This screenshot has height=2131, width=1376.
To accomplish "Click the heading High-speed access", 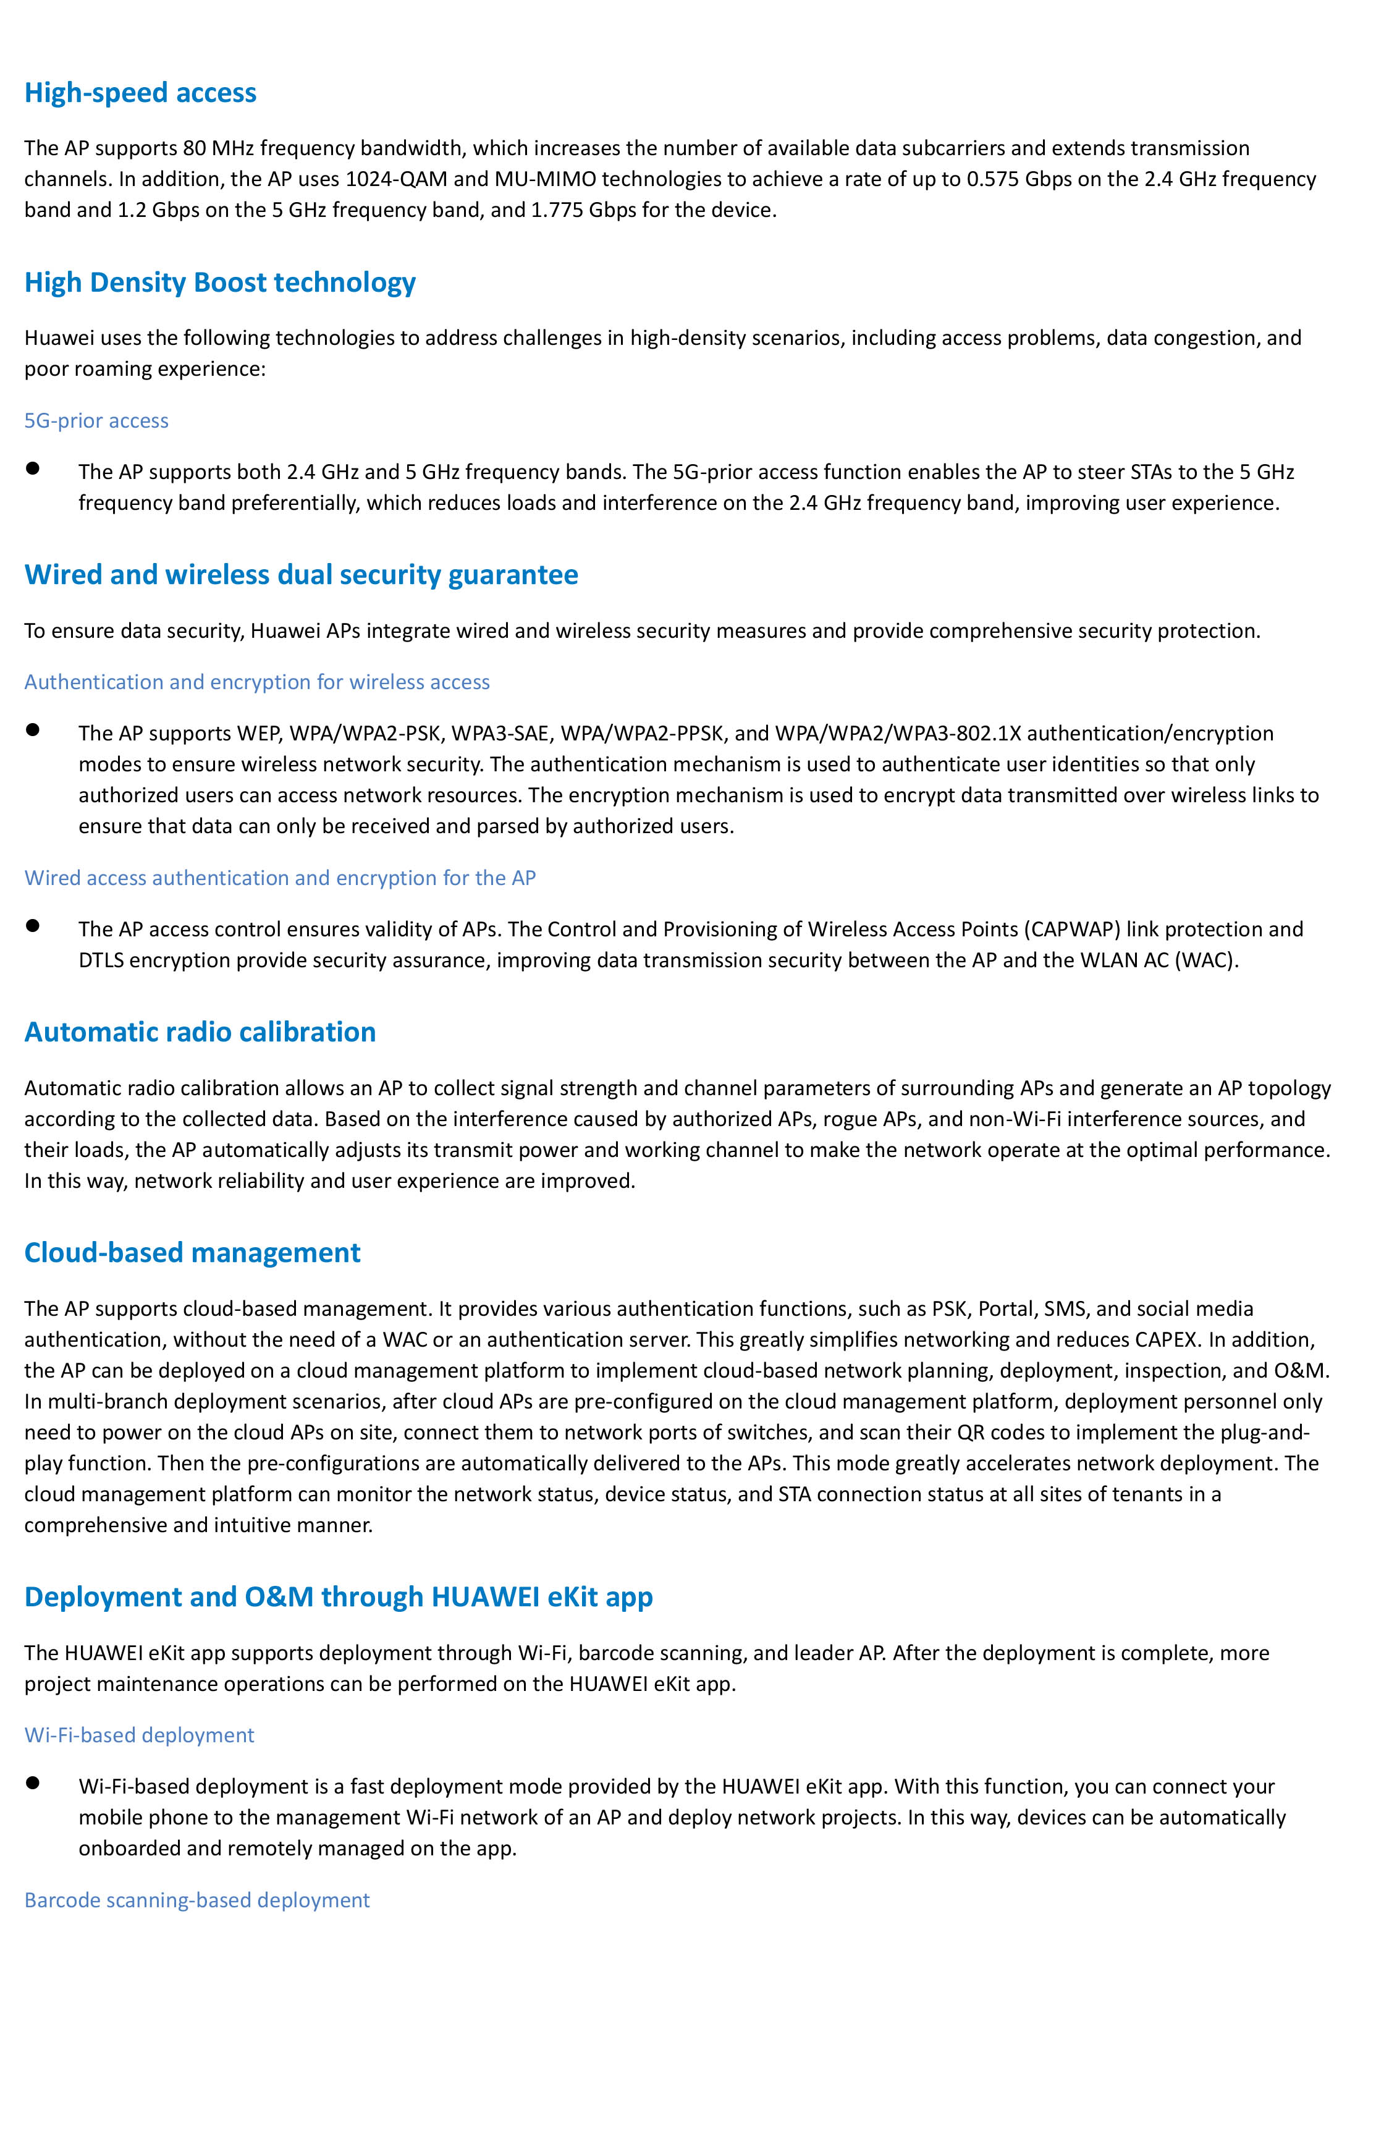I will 140,93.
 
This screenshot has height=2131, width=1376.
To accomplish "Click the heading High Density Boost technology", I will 220,283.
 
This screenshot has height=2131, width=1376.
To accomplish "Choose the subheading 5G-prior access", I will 96,421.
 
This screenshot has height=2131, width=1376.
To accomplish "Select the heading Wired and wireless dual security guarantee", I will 301,575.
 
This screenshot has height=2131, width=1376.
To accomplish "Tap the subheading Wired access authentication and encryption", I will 280,878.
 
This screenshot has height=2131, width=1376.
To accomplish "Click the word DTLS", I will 101,960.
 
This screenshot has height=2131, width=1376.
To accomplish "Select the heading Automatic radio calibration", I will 200,1032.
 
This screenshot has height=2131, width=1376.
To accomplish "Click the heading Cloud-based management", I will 192,1253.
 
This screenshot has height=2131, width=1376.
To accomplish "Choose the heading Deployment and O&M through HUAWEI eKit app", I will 339,1596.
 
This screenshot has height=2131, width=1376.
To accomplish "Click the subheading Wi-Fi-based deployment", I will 140,1735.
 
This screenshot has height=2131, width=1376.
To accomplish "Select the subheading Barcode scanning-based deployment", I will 196,1900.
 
